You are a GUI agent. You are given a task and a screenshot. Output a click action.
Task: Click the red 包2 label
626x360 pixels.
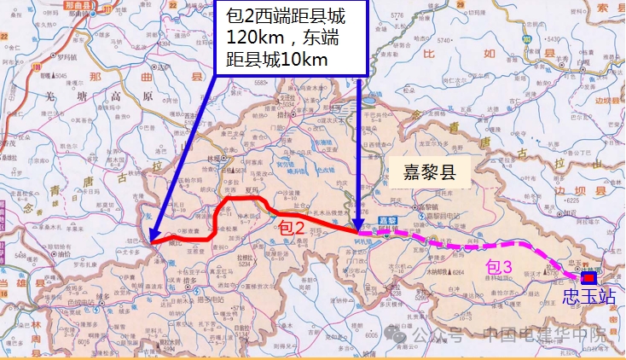click(291, 228)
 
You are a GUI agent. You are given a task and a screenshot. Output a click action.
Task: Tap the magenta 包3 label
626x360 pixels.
click(499, 266)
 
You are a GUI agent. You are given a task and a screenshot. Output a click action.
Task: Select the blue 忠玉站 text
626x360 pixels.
click(588, 297)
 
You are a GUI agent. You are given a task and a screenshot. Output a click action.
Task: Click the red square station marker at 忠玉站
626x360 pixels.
click(588, 277)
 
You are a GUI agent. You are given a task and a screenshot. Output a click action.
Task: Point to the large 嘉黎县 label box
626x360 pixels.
click(430, 175)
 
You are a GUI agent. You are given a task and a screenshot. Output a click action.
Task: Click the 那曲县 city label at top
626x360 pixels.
click(78, 5)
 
